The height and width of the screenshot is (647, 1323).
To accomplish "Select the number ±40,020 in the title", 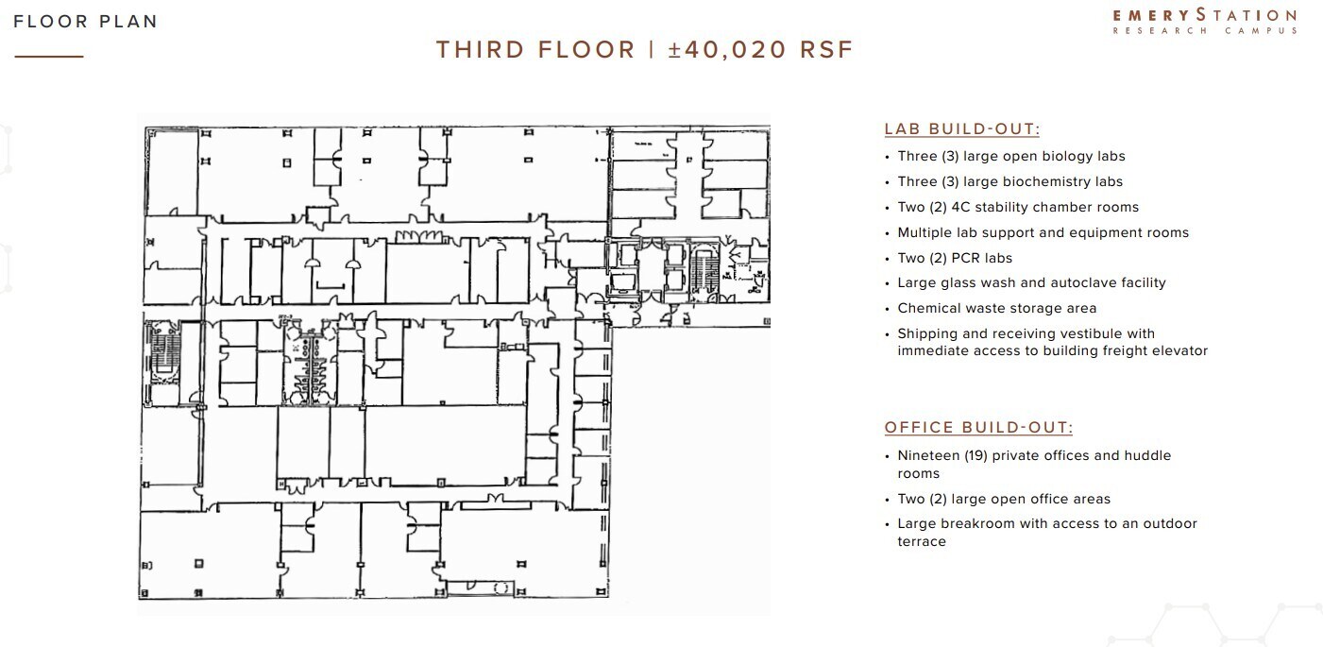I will pos(727,49).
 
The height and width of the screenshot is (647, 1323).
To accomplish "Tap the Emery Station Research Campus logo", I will pos(1204,21).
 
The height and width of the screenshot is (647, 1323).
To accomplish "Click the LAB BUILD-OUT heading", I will pos(961,129).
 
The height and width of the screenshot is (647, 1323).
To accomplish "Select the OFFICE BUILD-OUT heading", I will pos(978,428).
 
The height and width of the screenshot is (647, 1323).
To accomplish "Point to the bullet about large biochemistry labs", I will pos(1009,181).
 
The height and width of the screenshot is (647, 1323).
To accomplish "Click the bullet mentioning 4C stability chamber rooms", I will pos(1018,207).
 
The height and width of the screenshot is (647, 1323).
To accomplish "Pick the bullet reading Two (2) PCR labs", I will pos(955,258).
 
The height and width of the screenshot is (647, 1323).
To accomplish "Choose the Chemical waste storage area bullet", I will pos(996,308).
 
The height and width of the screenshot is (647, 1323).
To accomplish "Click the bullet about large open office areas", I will pos(1004,499).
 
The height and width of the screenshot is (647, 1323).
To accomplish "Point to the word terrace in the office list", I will pos(921,541).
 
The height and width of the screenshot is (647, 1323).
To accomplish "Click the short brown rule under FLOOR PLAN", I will pos(49,57).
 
